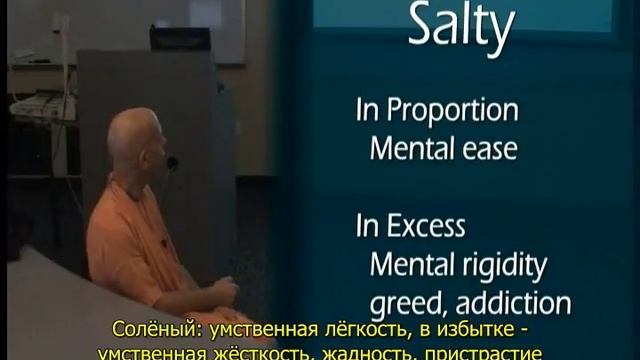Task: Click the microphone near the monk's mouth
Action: click(x=172, y=162)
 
